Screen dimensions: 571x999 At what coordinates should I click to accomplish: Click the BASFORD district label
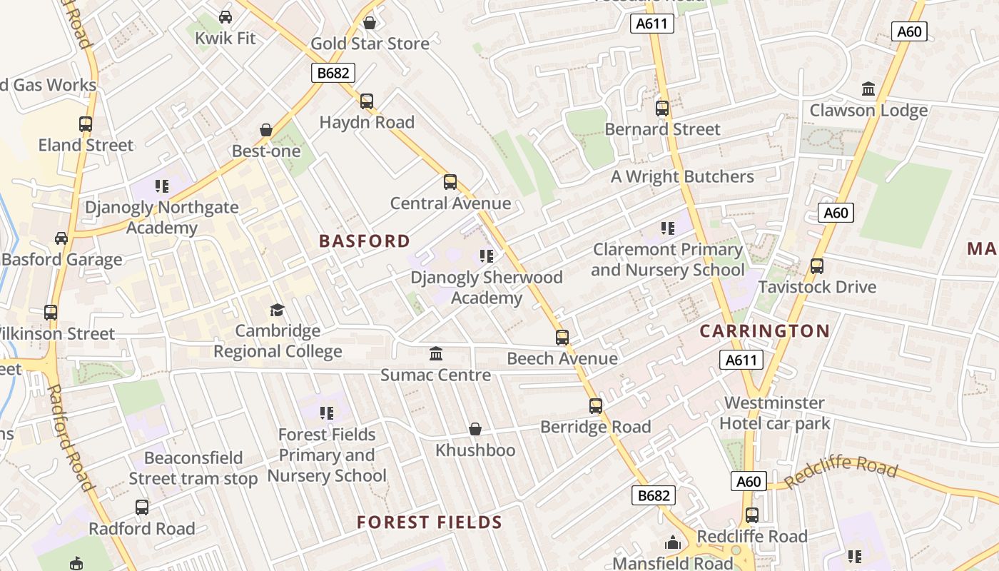(x=365, y=241)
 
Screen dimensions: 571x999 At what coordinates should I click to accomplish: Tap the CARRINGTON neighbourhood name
(x=764, y=331)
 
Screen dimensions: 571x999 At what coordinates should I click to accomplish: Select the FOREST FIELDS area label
(x=430, y=522)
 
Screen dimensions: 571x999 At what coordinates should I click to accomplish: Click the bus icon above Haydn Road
(x=367, y=101)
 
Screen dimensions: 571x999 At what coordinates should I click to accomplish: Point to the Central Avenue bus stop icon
(x=450, y=182)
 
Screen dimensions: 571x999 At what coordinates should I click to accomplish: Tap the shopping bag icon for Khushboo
(x=475, y=429)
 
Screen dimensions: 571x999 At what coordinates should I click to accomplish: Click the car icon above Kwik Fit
(x=225, y=16)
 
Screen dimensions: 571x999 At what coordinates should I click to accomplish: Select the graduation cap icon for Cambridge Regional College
(x=277, y=310)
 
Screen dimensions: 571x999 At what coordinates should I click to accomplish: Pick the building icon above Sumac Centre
(x=435, y=353)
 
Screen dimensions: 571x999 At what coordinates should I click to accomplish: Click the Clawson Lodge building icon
(x=868, y=89)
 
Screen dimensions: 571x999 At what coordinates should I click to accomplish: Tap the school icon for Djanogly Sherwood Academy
(x=487, y=256)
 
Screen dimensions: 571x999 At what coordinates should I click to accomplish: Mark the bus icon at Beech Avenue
(x=562, y=337)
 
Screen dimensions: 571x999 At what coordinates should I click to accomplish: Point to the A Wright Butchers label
(x=682, y=177)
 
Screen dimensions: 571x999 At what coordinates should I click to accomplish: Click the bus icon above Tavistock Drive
(x=817, y=266)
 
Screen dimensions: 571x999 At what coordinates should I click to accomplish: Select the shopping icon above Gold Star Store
(x=370, y=23)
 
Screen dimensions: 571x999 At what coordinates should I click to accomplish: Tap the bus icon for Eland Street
(x=86, y=123)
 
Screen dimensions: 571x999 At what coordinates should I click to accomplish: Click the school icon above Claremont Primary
(x=667, y=228)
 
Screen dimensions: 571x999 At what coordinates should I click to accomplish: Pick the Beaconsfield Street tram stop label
(x=193, y=468)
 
